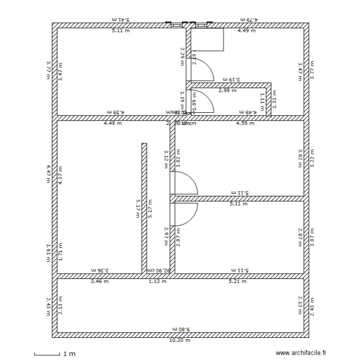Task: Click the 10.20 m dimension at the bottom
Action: [x=180, y=340]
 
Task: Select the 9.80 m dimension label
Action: [x=180, y=329]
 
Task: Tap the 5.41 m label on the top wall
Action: [x=121, y=19]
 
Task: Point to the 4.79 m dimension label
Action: [x=249, y=19]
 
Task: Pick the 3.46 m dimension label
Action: [x=99, y=282]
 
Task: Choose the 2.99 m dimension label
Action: [x=227, y=90]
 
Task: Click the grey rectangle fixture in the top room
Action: [x=208, y=39]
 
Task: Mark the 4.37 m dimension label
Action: [x=60, y=175]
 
